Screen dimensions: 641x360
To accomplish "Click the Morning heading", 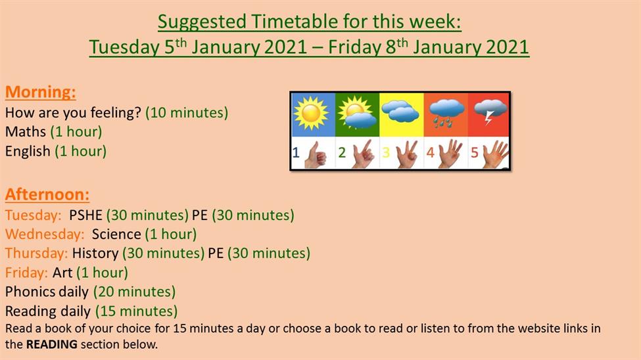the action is (41, 92).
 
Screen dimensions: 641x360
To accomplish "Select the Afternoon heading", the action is (47, 194).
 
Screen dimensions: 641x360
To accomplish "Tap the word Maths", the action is (26, 131).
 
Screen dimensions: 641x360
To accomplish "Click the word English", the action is (28, 151).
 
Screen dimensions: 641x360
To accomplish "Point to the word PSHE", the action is (85, 215).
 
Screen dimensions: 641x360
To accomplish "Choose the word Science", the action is (116, 234).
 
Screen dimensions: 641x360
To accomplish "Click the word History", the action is (95, 254).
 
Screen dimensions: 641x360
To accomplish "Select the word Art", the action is (62, 273).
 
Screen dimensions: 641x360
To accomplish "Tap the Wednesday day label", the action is (45, 234).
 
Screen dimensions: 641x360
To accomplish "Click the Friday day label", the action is (26, 273).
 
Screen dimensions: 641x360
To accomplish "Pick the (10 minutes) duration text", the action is (187, 112).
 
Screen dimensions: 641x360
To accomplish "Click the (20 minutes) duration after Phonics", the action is (135, 292).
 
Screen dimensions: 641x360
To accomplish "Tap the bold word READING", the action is (51, 344).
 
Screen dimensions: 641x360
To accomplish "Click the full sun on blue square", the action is (311, 114).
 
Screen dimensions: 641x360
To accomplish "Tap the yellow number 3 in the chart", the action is (386, 152).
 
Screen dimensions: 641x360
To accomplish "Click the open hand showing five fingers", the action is (495, 154).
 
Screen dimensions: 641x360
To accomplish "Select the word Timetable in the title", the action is (295, 22).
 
